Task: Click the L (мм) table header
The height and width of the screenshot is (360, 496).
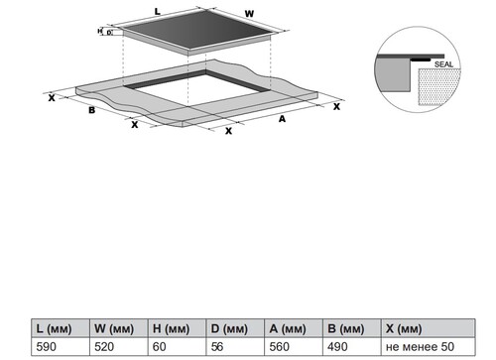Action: [x=54, y=329]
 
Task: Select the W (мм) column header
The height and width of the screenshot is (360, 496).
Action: [x=114, y=329]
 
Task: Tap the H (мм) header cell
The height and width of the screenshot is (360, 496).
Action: [x=171, y=329]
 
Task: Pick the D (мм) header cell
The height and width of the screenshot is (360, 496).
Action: [x=229, y=329]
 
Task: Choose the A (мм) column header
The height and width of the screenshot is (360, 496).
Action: [x=288, y=329]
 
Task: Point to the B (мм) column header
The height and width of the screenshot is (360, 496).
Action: [x=346, y=329]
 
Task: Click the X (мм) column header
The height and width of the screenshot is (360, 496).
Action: [x=404, y=329]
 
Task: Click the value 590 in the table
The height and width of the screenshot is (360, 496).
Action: [x=47, y=347]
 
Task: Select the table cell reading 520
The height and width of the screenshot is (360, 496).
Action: [x=104, y=347]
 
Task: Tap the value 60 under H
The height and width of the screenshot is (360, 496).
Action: [x=160, y=347]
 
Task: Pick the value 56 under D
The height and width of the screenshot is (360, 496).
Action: [x=217, y=347]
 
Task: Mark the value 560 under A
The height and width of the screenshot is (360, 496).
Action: [x=280, y=347]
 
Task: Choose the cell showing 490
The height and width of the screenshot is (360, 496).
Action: [x=337, y=347]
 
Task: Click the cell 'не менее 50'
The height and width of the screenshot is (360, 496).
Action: [x=420, y=347]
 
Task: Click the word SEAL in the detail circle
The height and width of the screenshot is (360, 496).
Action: [x=443, y=64]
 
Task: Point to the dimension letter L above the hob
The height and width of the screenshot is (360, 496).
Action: [x=158, y=12]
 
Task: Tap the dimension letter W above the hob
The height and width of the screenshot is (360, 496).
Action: [x=249, y=14]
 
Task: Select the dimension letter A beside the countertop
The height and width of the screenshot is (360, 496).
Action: [x=282, y=119]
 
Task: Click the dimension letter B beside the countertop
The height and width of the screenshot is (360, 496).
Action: [x=92, y=110]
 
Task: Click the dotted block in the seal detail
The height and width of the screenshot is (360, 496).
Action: [x=439, y=87]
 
